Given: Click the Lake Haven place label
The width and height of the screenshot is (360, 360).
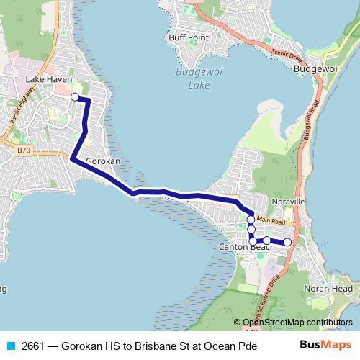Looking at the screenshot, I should pyautogui.click(x=45, y=79).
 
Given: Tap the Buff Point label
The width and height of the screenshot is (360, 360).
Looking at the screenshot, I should pyautogui.click(x=189, y=37).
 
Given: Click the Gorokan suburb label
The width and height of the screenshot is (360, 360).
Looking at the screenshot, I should pyautogui.click(x=102, y=161).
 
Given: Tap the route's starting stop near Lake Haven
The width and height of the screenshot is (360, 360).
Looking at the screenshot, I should pyautogui.click(x=75, y=96).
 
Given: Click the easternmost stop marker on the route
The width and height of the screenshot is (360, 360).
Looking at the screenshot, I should pyautogui.click(x=287, y=243).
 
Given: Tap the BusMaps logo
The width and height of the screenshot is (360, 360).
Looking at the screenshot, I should pyautogui.click(x=324, y=346).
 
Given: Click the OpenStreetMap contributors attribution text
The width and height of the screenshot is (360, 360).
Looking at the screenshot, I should pyautogui.click(x=297, y=322).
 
